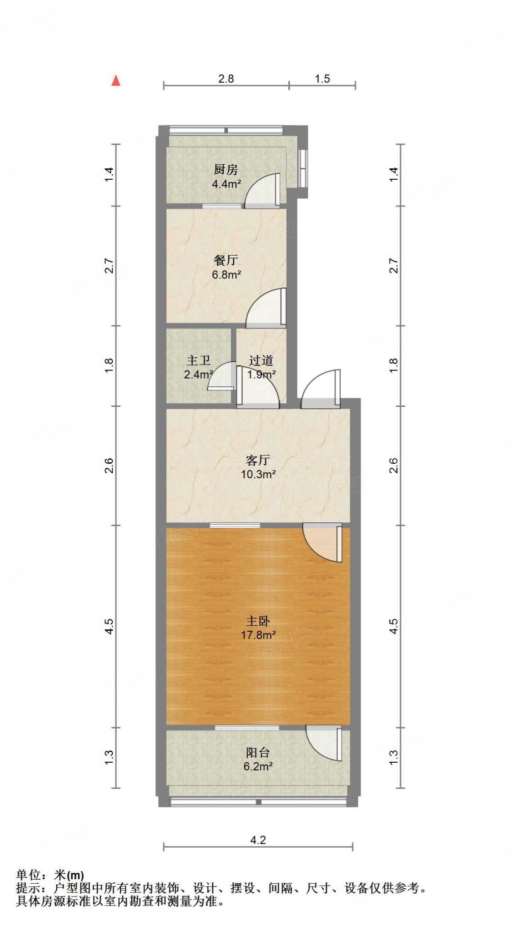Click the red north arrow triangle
pyautogui.click(x=116, y=81)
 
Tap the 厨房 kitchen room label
pyautogui.click(x=226, y=170)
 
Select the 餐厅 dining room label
pyautogui.click(x=226, y=260)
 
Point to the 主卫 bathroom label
pyautogui.click(x=198, y=360)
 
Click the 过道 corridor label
pyautogui.click(x=261, y=360)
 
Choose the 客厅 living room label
pyautogui.click(x=258, y=460)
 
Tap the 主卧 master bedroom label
pyautogui.click(x=258, y=621)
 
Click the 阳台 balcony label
pyautogui.click(x=258, y=753)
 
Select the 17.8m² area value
pyautogui.click(x=258, y=635)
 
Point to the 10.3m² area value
pyautogui.click(x=258, y=474)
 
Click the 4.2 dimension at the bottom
pyautogui.click(x=258, y=840)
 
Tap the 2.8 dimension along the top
pyautogui.click(x=226, y=79)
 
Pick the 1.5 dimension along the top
pyautogui.click(x=322, y=79)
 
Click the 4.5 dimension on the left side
pyautogui.click(x=109, y=626)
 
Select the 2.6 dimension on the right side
pyautogui.click(x=394, y=466)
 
